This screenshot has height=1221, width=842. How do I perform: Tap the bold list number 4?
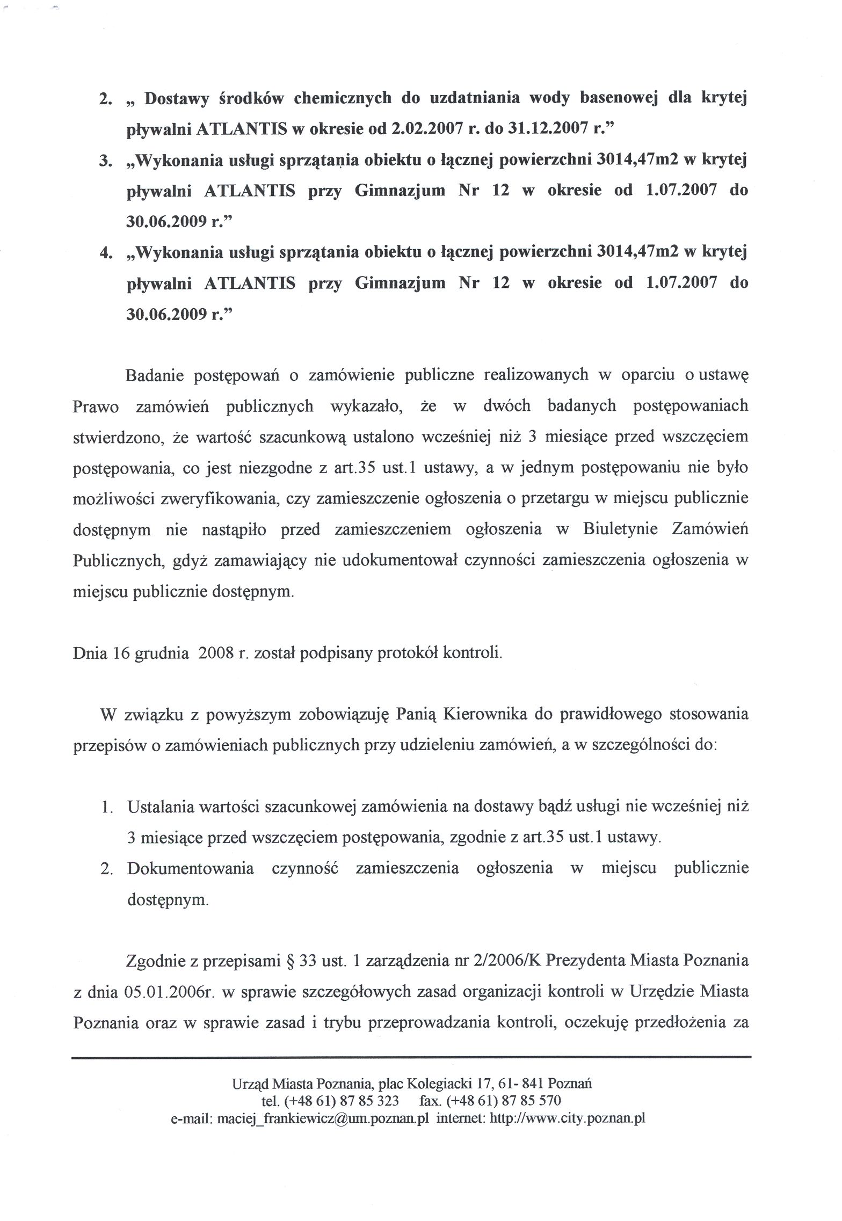pos(105,252)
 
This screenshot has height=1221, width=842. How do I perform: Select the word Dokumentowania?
pos(190,869)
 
